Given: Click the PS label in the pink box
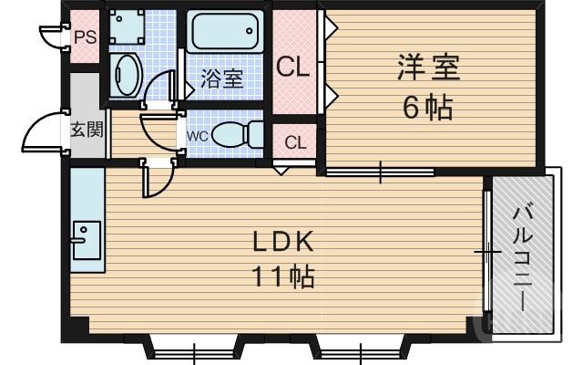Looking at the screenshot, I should coord(86,37).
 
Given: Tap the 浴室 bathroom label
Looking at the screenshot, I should coord(222,78).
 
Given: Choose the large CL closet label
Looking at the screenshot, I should coord(294,67).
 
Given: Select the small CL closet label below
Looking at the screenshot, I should coord(294,142).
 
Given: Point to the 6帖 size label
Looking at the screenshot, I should coord(427,108).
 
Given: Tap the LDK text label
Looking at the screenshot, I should coord(283,242).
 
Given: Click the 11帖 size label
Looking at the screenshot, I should coord(283,275).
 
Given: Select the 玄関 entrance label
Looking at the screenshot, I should coord(87,129).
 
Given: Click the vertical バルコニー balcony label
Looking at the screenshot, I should coord(523,256).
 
